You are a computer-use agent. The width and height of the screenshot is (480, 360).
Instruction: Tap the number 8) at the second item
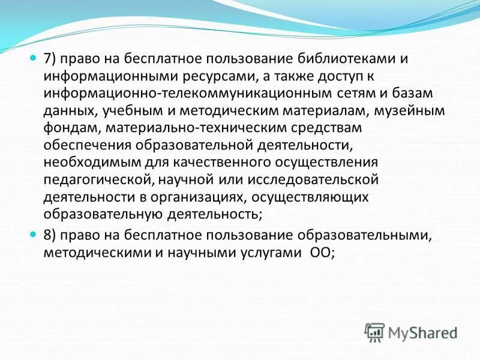pyautogui.click(x=50, y=236)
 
